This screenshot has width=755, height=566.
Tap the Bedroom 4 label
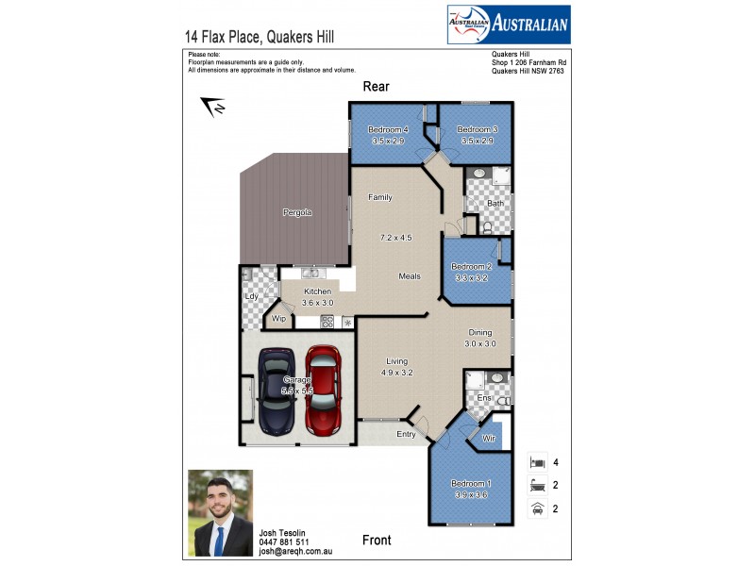[388, 129]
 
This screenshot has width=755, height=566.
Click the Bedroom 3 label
[477, 129]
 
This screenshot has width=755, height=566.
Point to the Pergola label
[297, 212]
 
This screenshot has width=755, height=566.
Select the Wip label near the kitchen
[278, 319]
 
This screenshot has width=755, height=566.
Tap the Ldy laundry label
[251, 297]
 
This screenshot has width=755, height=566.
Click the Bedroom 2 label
[471, 267]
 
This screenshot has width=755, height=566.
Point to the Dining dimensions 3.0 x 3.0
[479, 343]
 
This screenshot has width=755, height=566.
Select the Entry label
[406, 434]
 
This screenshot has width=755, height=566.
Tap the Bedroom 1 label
[469, 483]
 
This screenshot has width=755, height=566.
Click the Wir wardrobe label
[489, 439]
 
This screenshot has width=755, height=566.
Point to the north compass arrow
[214, 107]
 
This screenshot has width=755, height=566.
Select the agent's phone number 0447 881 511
[284, 542]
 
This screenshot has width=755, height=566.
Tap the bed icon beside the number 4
[536, 462]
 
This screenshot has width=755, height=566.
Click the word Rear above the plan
[377, 87]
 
